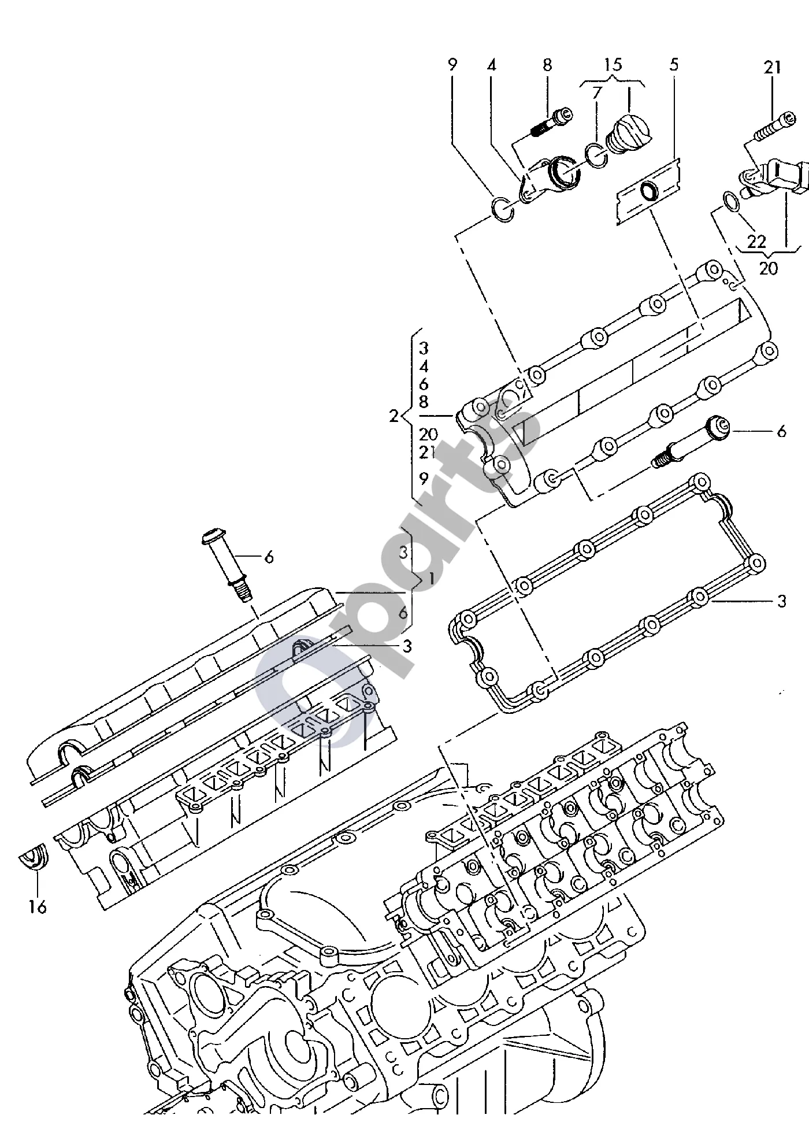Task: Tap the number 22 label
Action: tap(756, 241)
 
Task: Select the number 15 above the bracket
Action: tap(613, 65)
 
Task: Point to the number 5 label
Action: tap(674, 64)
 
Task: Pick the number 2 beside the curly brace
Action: tap(394, 416)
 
